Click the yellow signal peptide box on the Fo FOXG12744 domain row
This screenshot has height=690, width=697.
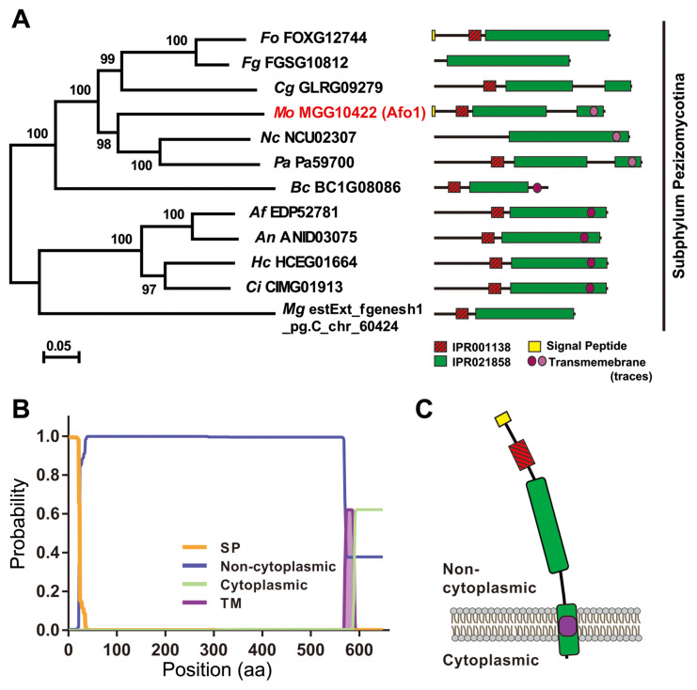click(434, 35)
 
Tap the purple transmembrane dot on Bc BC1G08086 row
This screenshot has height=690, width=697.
click(537, 187)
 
